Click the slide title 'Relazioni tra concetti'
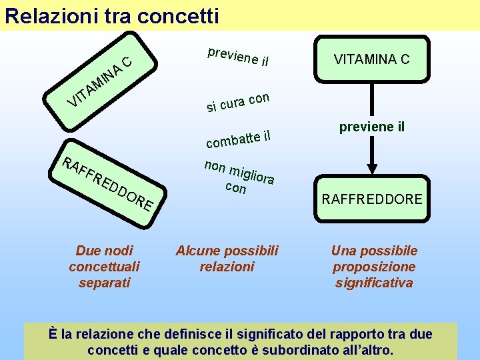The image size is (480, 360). [x=111, y=15]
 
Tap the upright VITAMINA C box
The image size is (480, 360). [x=371, y=59]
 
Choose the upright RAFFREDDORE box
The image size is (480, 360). [x=371, y=199]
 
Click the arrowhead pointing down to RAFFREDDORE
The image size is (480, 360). [x=371, y=169]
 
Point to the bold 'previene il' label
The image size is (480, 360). [x=371, y=127]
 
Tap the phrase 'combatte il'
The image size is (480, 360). [x=239, y=137]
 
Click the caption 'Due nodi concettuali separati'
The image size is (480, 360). [x=104, y=267]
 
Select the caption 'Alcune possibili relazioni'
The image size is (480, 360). [x=227, y=259]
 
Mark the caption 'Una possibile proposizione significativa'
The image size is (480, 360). [x=373, y=267]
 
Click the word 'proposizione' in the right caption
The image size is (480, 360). [x=373, y=267]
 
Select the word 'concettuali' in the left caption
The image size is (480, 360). [x=104, y=267]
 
